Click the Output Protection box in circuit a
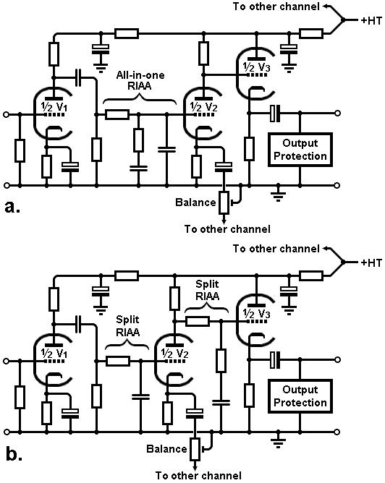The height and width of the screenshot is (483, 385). (300, 150)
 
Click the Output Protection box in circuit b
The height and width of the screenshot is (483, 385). (300, 396)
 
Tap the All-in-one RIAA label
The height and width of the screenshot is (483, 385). (140, 80)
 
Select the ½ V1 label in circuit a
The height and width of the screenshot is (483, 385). (54, 107)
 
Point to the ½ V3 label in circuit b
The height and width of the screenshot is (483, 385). (256, 314)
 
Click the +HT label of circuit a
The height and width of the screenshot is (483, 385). (371, 21)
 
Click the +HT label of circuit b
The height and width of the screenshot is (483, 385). (371, 262)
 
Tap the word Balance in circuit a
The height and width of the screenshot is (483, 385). (195, 202)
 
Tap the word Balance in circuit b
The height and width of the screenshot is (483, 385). (166, 449)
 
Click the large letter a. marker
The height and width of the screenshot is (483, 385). (12, 208)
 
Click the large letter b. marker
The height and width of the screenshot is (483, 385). (14, 453)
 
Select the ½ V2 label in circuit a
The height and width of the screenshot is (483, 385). (204, 107)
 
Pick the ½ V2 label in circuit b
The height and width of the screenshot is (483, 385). (175, 354)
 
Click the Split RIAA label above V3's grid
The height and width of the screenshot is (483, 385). (208, 290)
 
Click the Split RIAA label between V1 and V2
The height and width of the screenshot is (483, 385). (127, 326)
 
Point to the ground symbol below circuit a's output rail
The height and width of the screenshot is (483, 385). (278, 194)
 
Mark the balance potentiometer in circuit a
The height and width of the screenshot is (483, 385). (224, 202)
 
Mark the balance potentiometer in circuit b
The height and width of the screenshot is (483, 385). (195, 449)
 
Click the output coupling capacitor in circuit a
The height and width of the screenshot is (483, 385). (275, 114)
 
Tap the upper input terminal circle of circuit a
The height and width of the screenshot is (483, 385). (6, 114)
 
